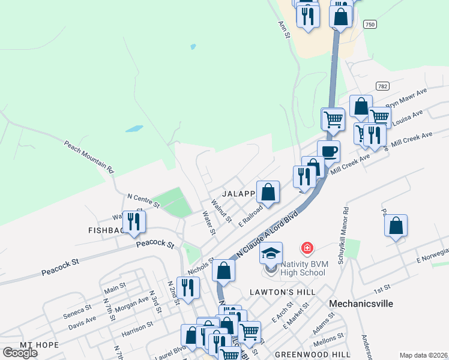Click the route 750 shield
(x=370, y=24)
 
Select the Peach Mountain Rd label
(x=89, y=157)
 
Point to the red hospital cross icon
(x=307, y=248)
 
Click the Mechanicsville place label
(x=361, y=304)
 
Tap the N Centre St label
(x=143, y=200)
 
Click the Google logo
(x=20, y=353)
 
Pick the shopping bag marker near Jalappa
(x=268, y=192)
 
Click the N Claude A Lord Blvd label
(x=268, y=233)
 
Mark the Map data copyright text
(x=423, y=355)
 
